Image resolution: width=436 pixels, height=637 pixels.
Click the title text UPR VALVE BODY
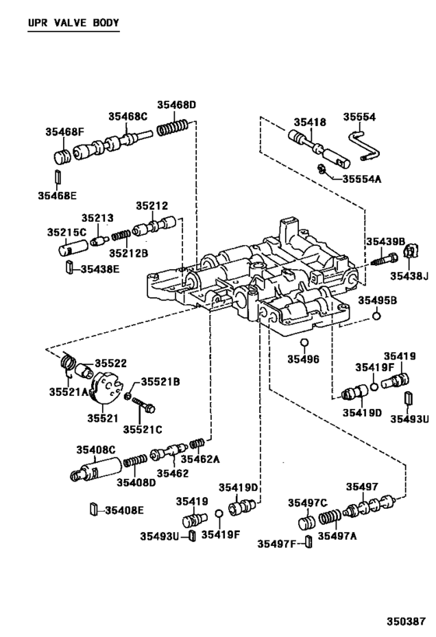pyautogui.click(x=73, y=23)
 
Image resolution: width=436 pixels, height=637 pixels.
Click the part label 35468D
pyautogui.click(x=176, y=104)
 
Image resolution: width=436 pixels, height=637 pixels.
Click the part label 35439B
pyautogui.click(x=386, y=241)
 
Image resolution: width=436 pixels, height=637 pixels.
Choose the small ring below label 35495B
pyautogui.click(x=377, y=317)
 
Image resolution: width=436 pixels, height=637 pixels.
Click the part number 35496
pyautogui.click(x=303, y=359)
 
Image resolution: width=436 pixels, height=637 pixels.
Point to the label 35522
pyautogui.click(x=111, y=363)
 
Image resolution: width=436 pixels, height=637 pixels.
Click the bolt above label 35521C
pyautogui.click(x=143, y=405)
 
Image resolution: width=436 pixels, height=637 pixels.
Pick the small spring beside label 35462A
pyautogui.click(x=197, y=444)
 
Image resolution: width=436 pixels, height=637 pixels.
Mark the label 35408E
pyautogui.click(x=125, y=510)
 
